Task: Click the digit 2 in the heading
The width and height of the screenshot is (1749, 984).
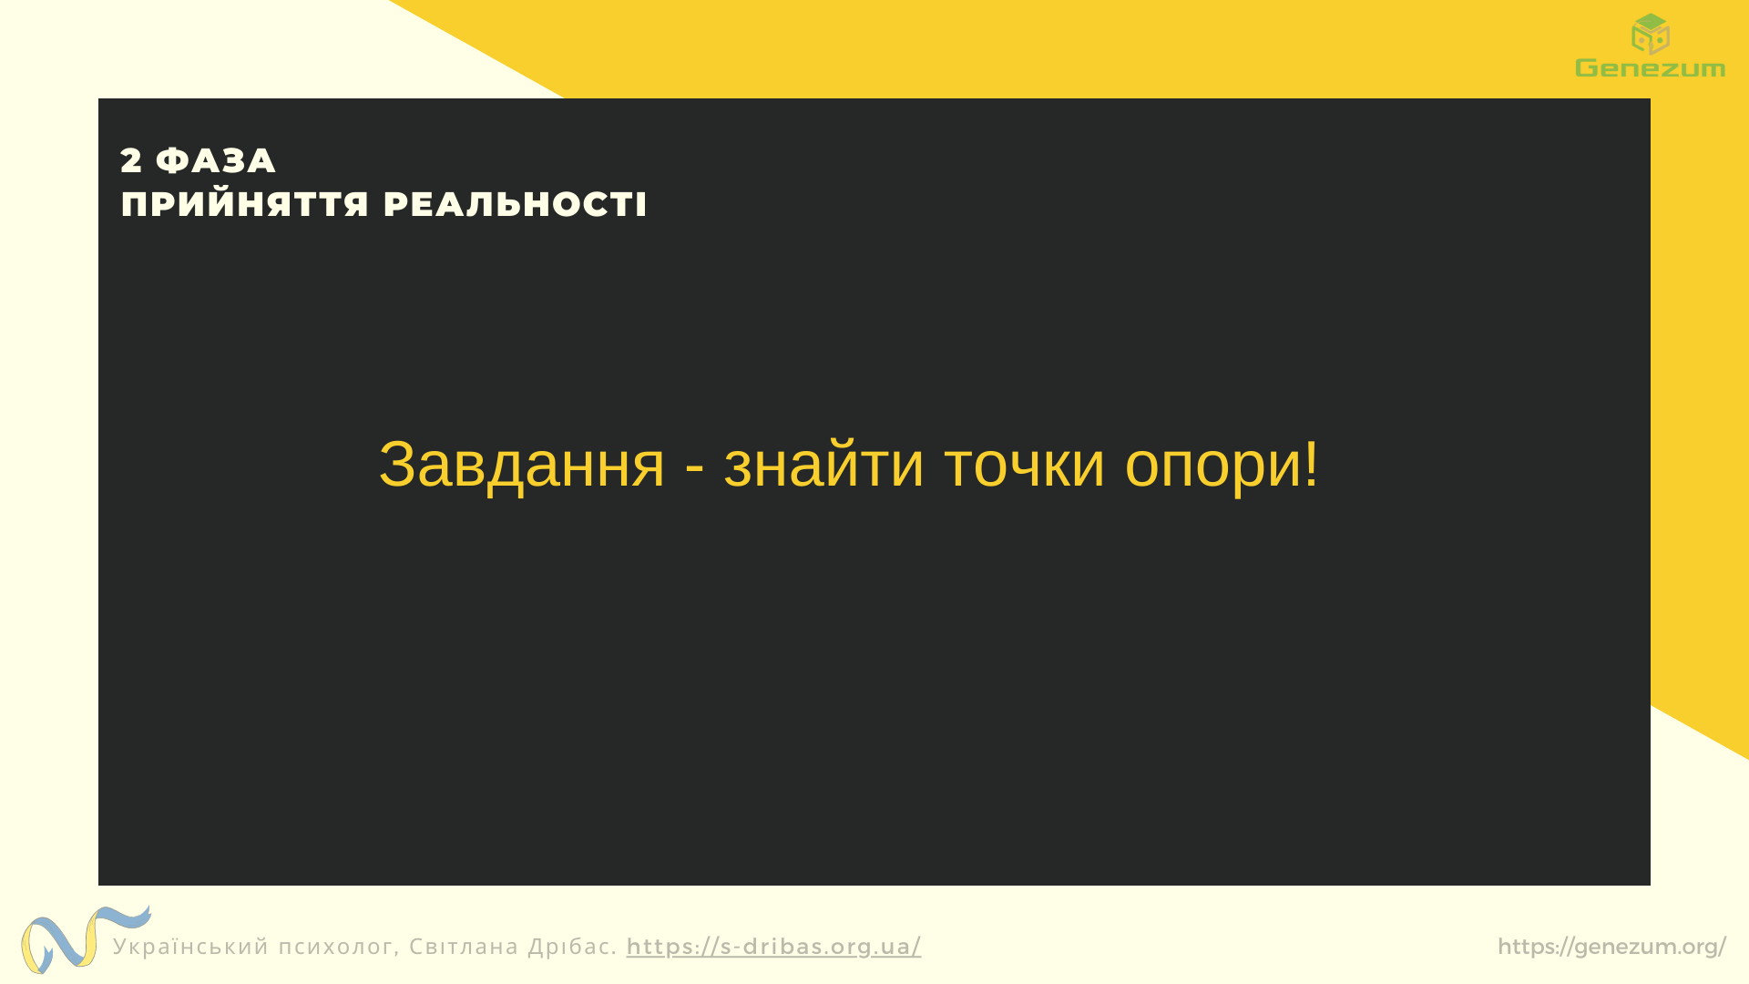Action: point(131,161)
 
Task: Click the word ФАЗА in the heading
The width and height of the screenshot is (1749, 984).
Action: point(216,161)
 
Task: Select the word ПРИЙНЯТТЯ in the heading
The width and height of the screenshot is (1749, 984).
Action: point(245,204)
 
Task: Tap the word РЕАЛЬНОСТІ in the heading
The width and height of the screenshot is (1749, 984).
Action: point(515,204)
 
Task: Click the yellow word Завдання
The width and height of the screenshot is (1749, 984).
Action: point(522,466)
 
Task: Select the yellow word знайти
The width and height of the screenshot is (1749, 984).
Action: point(823,464)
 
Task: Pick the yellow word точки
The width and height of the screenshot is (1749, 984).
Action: point(1025,466)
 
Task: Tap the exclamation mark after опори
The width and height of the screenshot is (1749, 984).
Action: point(1311,464)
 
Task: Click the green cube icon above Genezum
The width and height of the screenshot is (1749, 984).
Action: point(1650,34)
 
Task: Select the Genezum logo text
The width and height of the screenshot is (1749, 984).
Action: point(1650,67)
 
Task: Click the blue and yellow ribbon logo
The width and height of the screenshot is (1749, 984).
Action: point(85,938)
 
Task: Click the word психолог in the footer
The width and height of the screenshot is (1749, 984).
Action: point(336,948)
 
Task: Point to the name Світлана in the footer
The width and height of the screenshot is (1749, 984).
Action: point(464,946)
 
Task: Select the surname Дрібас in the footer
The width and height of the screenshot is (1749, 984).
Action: point(570,946)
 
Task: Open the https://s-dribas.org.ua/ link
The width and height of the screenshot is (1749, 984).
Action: point(773,947)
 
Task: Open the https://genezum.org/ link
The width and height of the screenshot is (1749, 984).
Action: point(1611,948)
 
